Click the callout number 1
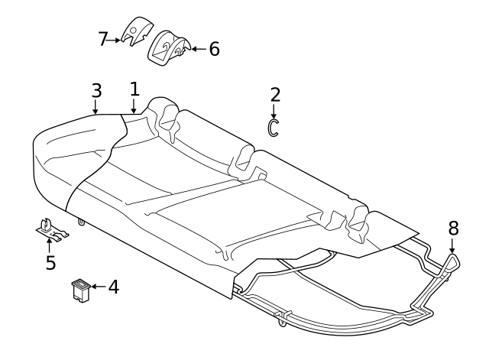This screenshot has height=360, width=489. (x=134, y=89)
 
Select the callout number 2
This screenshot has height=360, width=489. (x=275, y=95)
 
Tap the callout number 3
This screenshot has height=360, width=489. (x=97, y=90)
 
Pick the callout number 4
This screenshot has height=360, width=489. (x=114, y=287)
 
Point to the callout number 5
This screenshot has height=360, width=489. (x=50, y=262)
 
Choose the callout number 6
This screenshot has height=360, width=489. (x=214, y=49)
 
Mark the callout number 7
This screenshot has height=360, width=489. (x=103, y=39)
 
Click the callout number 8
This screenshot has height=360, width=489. (x=453, y=228)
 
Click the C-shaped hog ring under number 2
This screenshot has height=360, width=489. (x=270, y=128)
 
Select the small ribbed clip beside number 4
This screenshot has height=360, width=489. (x=81, y=290)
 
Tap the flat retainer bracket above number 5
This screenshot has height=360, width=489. (x=51, y=230)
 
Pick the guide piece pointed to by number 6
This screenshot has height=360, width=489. (x=168, y=47)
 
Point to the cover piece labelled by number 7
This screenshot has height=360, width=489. (x=137, y=31)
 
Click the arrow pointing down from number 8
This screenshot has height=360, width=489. (x=452, y=245)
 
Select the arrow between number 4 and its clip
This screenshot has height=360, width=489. (x=99, y=287)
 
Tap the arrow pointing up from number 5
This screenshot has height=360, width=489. (x=49, y=245)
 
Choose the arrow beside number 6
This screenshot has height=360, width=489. (x=199, y=49)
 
